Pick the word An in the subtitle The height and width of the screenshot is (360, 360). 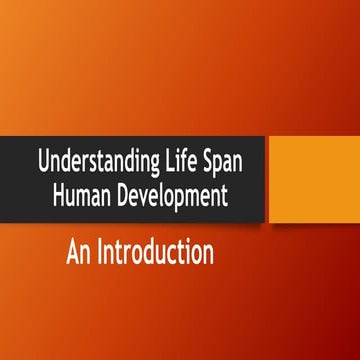click(80, 254)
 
